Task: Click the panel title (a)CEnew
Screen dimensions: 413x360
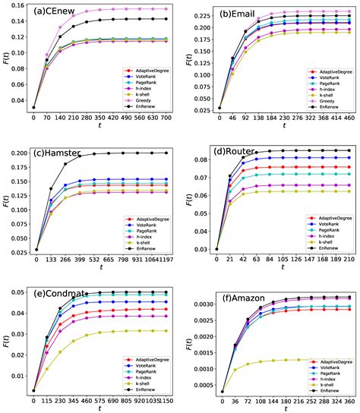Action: (x=55, y=13)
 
